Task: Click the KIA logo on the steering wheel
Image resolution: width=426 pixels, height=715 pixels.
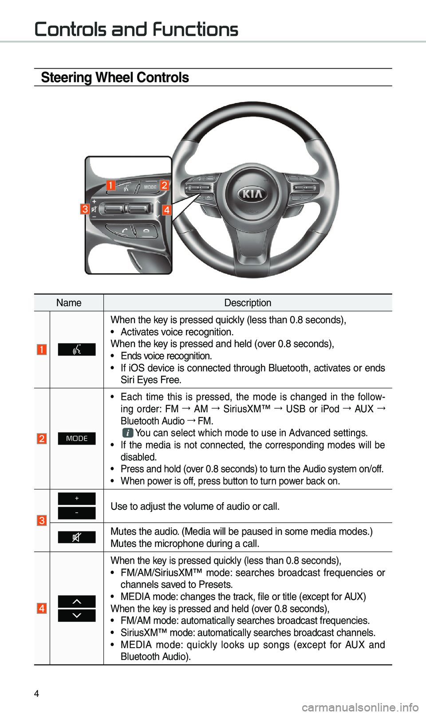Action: (x=252, y=194)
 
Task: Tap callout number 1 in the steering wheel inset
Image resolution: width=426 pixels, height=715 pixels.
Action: (x=110, y=185)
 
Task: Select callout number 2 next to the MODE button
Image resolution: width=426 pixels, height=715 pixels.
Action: (x=165, y=185)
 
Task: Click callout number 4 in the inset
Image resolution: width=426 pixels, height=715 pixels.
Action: (x=166, y=210)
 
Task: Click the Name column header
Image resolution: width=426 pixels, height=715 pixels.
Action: (x=69, y=303)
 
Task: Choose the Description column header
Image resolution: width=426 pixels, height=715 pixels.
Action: (x=248, y=303)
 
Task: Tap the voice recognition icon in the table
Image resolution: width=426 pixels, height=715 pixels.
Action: (x=77, y=350)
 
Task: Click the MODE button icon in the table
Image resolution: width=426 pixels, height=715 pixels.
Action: (x=77, y=438)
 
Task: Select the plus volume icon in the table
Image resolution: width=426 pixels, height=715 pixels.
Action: (x=77, y=499)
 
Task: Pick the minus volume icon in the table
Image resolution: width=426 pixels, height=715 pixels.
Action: (x=77, y=513)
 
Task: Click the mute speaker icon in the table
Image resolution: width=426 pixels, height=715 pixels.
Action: (x=77, y=537)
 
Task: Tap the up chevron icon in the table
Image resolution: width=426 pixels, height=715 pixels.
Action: (x=77, y=602)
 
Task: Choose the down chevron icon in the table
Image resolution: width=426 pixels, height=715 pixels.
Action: (x=77, y=616)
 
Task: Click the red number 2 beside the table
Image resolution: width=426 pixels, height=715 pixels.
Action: (x=42, y=439)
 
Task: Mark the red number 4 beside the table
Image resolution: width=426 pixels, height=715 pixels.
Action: (x=42, y=608)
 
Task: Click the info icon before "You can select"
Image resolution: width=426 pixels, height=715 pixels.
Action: (x=127, y=433)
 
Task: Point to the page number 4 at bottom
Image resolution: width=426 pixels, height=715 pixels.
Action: (x=37, y=694)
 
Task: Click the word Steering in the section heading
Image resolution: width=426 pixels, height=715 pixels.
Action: (x=66, y=78)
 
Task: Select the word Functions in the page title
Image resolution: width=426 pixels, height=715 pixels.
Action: (x=195, y=30)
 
